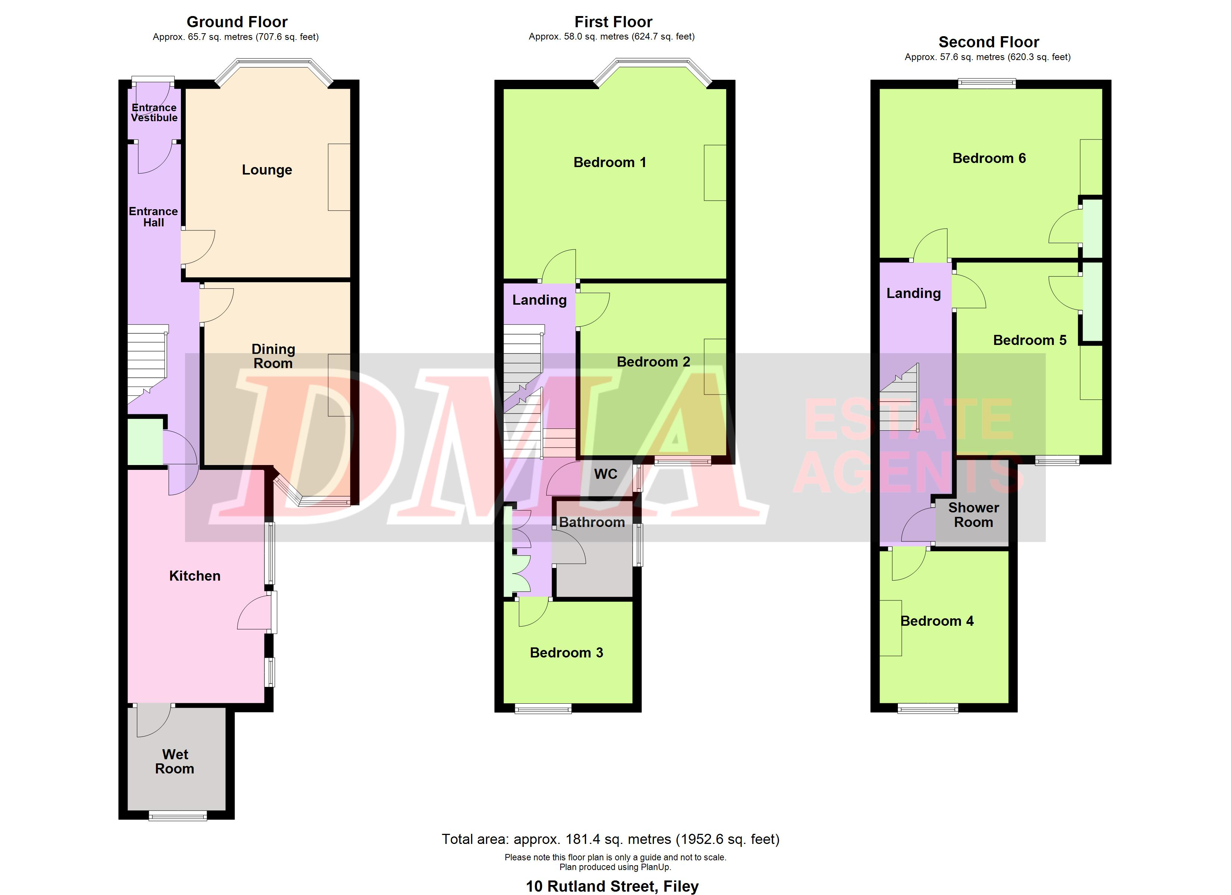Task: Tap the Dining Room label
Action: pyautogui.click(x=273, y=356)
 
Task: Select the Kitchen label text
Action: pyautogui.click(x=195, y=576)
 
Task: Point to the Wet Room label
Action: pyautogui.click(x=175, y=761)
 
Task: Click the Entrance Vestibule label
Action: pyautogui.click(x=154, y=112)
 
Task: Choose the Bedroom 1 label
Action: pyautogui.click(x=610, y=162)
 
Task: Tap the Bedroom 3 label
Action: pyautogui.click(x=566, y=652)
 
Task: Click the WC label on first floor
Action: pyautogui.click(x=606, y=474)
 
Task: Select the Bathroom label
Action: pyautogui.click(x=592, y=522)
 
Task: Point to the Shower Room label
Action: pyautogui.click(x=974, y=515)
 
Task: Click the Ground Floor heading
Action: pyautogui.click(x=237, y=22)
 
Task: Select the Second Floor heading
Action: pyautogui.click(x=989, y=42)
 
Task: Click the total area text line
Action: pyautogui.click(x=611, y=839)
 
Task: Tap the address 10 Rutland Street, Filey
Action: pyautogui.click(x=612, y=886)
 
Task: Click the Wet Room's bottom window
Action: pyautogui.click(x=178, y=816)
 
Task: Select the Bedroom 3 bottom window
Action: pyautogui.click(x=543, y=708)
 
